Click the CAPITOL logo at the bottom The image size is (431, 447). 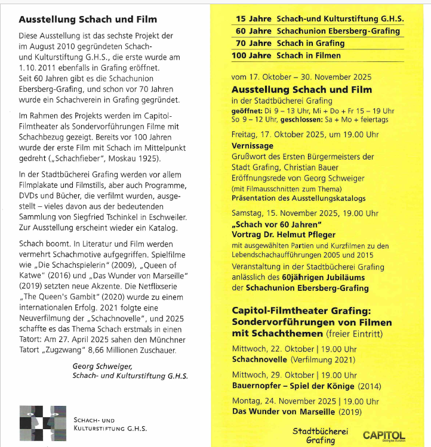click(383, 436)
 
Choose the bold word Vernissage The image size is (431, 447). click(253, 145)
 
